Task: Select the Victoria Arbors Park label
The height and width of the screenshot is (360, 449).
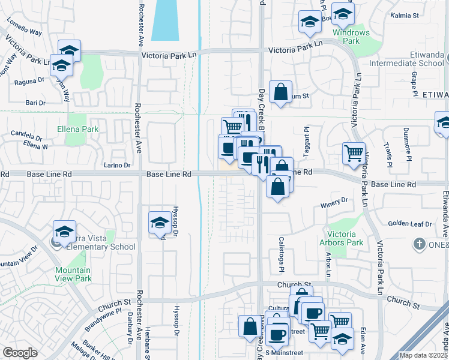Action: click(x=345, y=238)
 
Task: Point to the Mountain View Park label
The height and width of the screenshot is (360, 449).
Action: click(x=73, y=274)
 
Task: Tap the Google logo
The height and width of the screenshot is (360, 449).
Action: click(x=20, y=353)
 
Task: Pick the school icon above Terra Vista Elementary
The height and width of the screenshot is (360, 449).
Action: click(x=65, y=230)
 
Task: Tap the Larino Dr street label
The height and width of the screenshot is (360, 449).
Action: click(x=116, y=165)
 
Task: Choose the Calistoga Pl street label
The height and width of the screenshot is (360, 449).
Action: click(x=280, y=252)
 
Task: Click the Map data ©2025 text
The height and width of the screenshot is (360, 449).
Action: click(x=423, y=355)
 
